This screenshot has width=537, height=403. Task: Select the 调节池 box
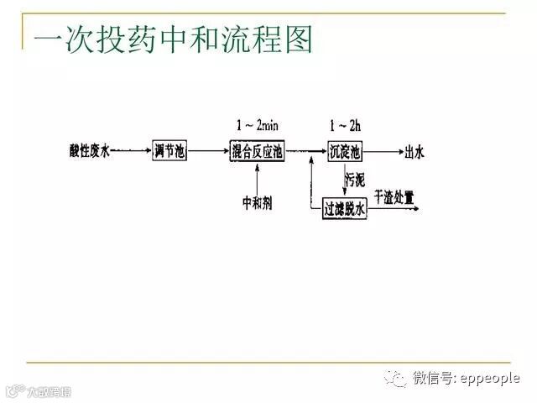[x=169, y=151]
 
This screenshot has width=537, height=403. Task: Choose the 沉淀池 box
[x=345, y=151]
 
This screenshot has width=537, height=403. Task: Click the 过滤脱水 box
[x=346, y=209]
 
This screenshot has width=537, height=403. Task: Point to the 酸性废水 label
[x=90, y=151]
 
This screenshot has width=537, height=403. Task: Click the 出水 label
[x=414, y=152]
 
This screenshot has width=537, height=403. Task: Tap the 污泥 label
[x=355, y=180]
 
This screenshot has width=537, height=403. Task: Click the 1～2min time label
[x=257, y=126]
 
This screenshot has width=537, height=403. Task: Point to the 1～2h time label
[x=344, y=126]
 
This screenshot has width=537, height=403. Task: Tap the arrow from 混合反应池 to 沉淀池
[x=307, y=151]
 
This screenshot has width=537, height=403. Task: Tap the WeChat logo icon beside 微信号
[x=395, y=379]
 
